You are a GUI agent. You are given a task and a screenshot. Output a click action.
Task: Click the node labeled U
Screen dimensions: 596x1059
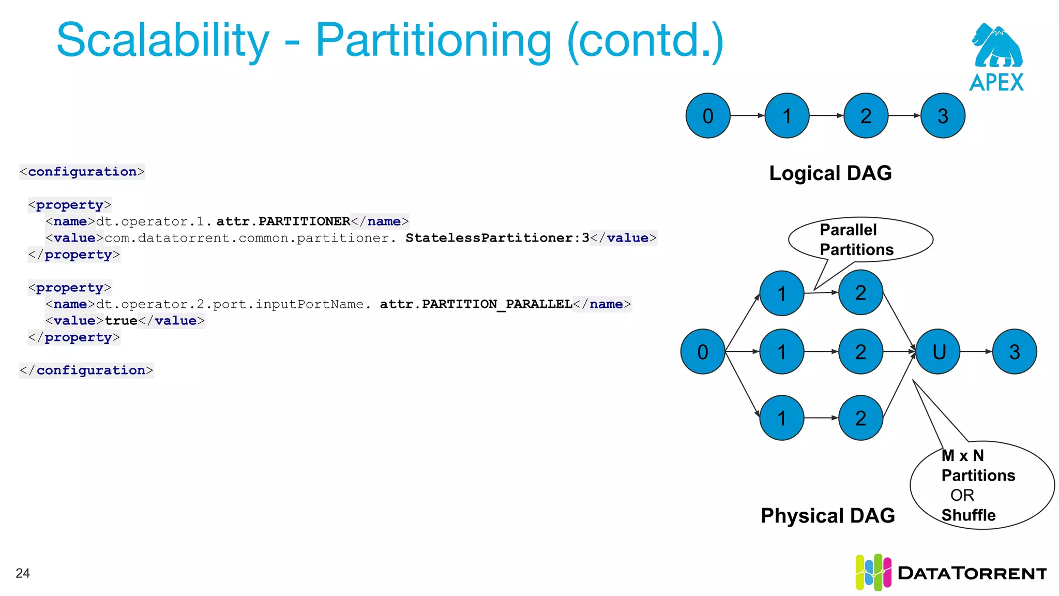click(939, 352)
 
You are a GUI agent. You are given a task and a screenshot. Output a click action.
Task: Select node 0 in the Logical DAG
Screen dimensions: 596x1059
click(708, 116)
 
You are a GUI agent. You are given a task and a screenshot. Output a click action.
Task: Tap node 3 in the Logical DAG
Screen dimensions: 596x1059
click(943, 116)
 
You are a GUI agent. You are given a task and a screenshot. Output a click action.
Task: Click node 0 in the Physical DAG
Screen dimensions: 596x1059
click(703, 352)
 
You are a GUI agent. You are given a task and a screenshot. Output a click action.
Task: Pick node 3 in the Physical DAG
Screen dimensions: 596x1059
click(1015, 352)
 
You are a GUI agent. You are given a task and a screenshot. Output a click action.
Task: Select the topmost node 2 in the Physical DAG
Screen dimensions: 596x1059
click(860, 293)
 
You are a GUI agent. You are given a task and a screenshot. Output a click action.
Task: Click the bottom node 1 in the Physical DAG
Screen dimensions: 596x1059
click(782, 418)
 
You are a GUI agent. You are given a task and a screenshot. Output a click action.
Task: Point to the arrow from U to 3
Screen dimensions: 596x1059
click(976, 352)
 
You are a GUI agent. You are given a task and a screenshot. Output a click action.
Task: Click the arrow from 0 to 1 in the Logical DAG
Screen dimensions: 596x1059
click(747, 116)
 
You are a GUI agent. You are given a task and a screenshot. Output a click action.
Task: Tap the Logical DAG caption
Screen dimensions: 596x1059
click(830, 173)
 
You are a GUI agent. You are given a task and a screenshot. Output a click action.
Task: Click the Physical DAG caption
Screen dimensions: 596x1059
click(827, 516)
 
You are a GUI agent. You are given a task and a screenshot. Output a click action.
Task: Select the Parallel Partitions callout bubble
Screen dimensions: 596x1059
click(860, 240)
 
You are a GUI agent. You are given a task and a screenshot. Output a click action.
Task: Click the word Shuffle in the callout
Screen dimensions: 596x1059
click(968, 515)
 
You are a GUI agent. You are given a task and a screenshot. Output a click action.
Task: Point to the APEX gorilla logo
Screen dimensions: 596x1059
click(996, 47)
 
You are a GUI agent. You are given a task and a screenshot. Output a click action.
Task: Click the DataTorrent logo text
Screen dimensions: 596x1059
click(972, 573)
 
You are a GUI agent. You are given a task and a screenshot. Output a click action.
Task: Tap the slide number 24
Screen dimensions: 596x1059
click(23, 573)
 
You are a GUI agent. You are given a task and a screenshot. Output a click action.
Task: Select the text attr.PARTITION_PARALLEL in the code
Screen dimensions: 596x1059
click(476, 304)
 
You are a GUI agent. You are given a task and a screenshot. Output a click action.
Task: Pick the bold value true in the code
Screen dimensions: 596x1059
click(121, 321)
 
